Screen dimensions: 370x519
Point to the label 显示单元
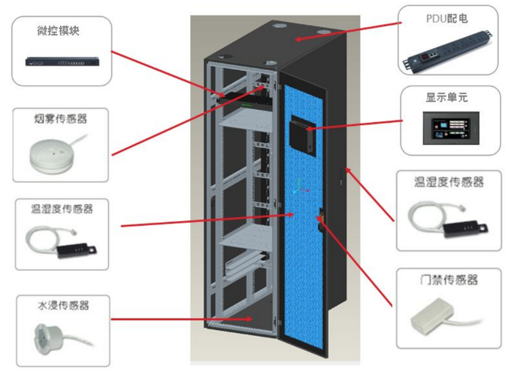point(447,98)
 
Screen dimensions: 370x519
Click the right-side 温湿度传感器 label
point(448,182)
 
